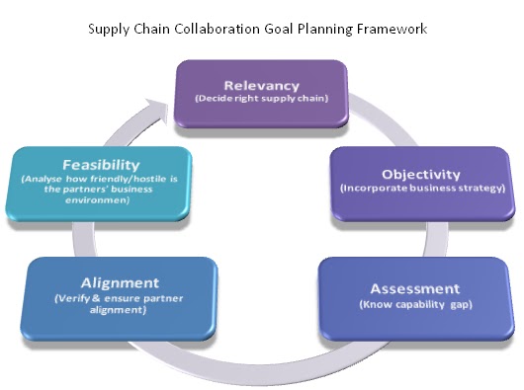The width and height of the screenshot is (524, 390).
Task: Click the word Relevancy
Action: tap(260, 84)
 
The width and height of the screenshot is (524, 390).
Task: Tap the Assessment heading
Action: tap(415, 288)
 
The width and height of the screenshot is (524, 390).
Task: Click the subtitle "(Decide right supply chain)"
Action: tap(260, 99)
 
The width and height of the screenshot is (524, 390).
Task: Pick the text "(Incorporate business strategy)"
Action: tap(422, 187)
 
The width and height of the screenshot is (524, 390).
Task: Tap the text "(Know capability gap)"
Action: tap(415, 305)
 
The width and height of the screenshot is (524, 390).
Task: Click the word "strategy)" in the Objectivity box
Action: tap(479, 187)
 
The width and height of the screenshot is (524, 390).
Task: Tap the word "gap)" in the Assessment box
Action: tap(459, 305)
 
